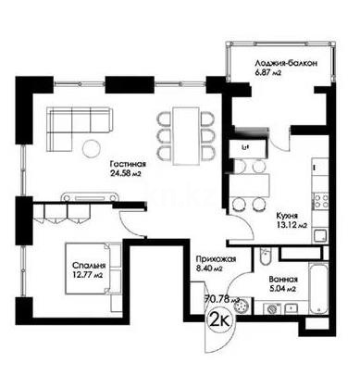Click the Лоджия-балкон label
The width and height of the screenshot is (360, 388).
(288, 63)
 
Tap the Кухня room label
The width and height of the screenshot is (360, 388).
(287, 213)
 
